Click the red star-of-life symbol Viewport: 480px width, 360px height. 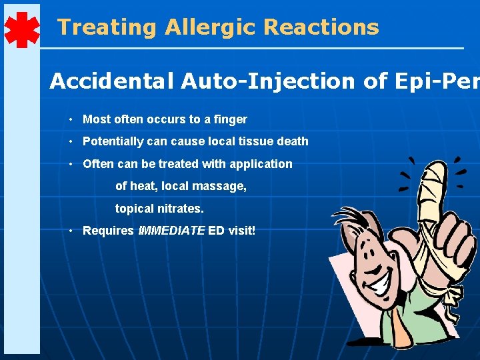(x=21, y=29)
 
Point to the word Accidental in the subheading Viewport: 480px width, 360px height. (x=109, y=81)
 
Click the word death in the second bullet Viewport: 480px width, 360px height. (x=293, y=141)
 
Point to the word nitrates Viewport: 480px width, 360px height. (x=181, y=209)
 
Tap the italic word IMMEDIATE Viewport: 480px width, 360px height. (x=171, y=231)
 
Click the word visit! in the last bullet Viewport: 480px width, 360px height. (x=241, y=231)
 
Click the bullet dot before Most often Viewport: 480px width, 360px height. (x=70, y=119)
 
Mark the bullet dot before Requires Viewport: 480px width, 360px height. (x=70, y=231)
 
